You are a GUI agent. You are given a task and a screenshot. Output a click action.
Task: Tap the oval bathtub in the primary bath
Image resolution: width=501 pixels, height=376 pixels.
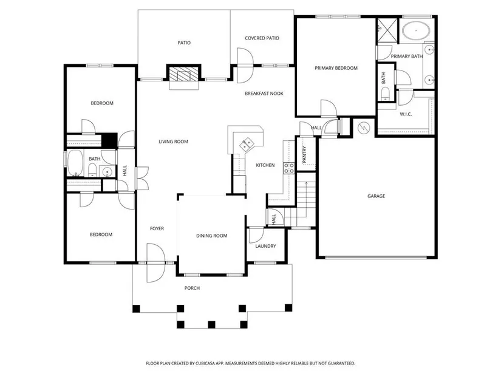coord(417,30)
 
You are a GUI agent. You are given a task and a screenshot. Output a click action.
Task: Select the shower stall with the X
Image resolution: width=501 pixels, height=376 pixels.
coord(387,30)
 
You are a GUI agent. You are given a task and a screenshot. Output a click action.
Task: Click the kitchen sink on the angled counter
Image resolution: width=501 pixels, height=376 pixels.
coord(247,144)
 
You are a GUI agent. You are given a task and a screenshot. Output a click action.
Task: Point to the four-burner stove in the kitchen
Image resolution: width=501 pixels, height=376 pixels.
coord(289,168)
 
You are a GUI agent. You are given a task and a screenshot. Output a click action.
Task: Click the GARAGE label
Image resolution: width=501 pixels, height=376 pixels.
coord(376,196)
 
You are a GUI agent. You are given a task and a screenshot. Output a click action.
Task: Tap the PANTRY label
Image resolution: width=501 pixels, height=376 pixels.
coord(304,154)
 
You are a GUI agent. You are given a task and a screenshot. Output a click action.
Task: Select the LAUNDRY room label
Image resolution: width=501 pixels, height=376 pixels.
coord(265,246)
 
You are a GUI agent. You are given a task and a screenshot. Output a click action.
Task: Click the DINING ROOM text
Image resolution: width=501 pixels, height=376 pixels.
coord(211,236)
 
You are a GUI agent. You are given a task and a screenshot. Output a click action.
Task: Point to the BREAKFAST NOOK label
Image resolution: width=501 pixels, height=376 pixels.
coord(264,94)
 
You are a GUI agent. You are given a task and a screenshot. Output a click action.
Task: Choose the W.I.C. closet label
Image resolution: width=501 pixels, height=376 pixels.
coord(406,114)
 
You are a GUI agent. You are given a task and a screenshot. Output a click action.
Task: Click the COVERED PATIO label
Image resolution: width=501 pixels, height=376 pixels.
coord(262,38)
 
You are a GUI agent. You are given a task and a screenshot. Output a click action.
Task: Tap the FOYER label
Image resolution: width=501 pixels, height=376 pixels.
coord(157,228)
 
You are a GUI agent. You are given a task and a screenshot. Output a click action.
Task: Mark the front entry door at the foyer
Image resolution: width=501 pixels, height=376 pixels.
coord(155,263)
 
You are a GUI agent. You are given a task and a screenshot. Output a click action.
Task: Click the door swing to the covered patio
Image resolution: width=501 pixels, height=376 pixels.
coord(245,66)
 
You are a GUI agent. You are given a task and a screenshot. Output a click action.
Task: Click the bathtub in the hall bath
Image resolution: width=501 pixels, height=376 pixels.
coord(75,163)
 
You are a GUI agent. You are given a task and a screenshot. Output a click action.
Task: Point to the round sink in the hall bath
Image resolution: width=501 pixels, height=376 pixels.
coord(107,172)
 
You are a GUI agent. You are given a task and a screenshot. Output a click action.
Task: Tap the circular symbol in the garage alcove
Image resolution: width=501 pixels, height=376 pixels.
coord(363,128)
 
